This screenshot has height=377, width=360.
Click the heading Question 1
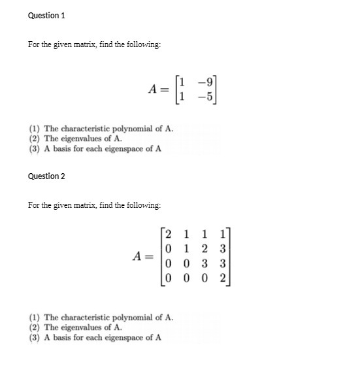tap(46, 15)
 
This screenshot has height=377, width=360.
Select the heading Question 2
tap(46, 176)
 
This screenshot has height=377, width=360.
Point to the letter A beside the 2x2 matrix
tap(154, 89)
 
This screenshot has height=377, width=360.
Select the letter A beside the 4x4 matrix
tap(138, 255)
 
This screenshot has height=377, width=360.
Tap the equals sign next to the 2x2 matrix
tap(169, 90)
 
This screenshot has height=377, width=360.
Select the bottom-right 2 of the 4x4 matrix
tap(223, 277)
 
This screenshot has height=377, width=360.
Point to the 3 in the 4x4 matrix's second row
tap(223, 249)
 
